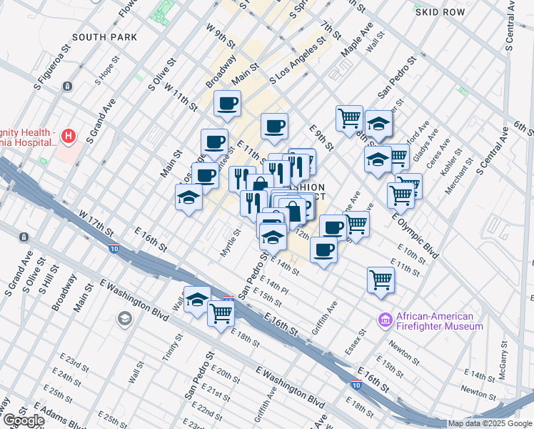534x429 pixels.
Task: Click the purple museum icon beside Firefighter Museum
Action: [x=386, y=321]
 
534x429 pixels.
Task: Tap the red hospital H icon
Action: [x=68, y=134]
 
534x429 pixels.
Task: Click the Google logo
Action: [x=23, y=420]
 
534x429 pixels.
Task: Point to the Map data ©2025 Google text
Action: [x=489, y=423]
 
